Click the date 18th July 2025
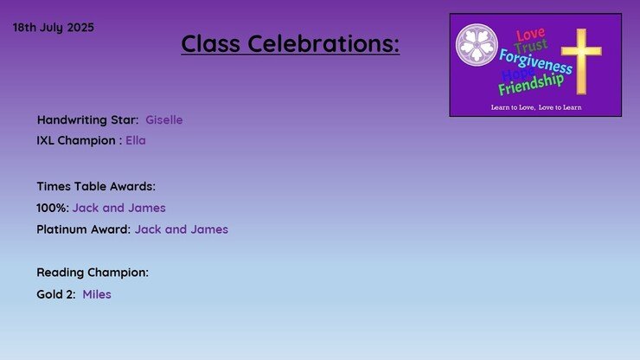click(x=54, y=28)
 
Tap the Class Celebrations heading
click(x=291, y=43)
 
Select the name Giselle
click(x=164, y=119)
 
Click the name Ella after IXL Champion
click(x=136, y=140)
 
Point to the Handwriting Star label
click(x=87, y=119)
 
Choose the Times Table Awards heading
click(x=96, y=186)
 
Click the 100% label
click(x=53, y=208)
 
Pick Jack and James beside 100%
click(x=119, y=208)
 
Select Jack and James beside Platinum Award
click(x=182, y=229)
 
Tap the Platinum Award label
click(x=84, y=229)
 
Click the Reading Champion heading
click(x=93, y=273)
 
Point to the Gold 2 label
click(x=56, y=294)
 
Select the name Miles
click(x=97, y=294)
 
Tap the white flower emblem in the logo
click(x=477, y=45)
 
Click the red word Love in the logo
click(x=530, y=35)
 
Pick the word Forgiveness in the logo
click(x=535, y=61)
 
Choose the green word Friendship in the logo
click(x=531, y=84)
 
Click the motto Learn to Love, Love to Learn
click(x=536, y=107)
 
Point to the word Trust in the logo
click(x=531, y=46)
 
